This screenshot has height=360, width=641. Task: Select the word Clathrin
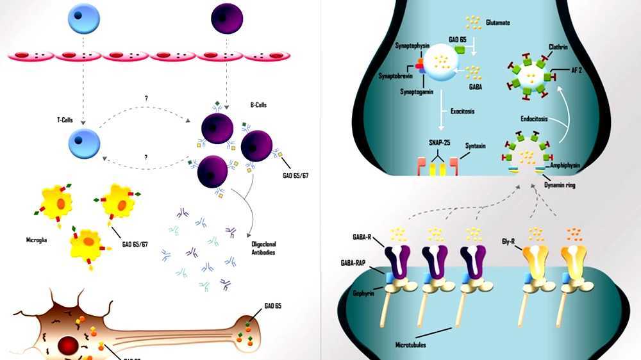pyautogui.click(x=559, y=46)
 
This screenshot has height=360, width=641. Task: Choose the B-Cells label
pyautogui.click(x=260, y=104)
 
